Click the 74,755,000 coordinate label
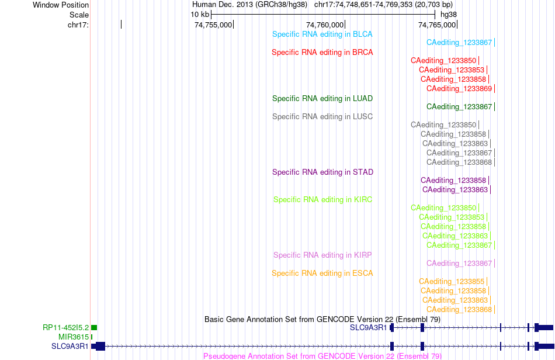pyautogui.click(x=213, y=25)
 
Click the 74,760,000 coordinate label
pyautogui.click(x=325, y=25)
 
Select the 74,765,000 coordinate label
pyautogui.click(x=437, y=25)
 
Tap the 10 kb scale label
pyautogui.click(x=200, y=15)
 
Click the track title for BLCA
pyautogui.click(x=322, y=34)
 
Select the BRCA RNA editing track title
pyautogui.click(x=322, y=53)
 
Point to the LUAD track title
pyautogui.click(x=322, y=98)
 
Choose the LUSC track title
pyautogui.click(x=322, y=116)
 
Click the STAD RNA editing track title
pyautogui.click(x=322, y=172)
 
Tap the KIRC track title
pyautogui.click(x=322, y=200)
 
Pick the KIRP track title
pyautogui.click(x=322, y=255)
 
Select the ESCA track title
pyautogui.click(x=322, y=274)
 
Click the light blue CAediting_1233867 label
pyautogui.click(x=459, y=43)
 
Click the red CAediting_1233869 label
pyautogui.click(x=459, y=88)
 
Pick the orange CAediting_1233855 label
pyautogui.click(x=451, y=282)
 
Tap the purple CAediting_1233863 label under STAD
pyautogui.click(x=455, y=190)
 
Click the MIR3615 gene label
pyautogui.click(x=74, y=337)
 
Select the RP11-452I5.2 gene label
pyautogui.click(x=65, y=328)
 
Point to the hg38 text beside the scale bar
pyautogui.click(x=449, y=15)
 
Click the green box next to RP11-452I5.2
pyautogui.click(x=94, y=328)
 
